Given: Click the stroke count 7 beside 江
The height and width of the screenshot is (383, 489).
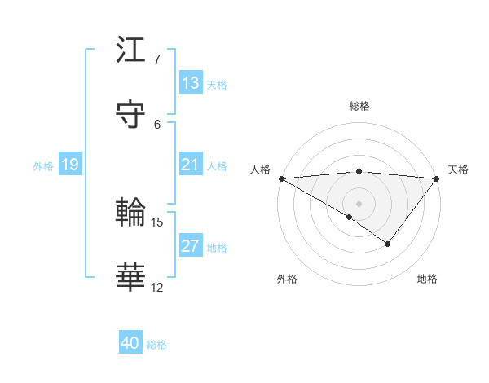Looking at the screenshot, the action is [157, 59].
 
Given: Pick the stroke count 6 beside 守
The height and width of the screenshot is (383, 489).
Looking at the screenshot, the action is [157, 124].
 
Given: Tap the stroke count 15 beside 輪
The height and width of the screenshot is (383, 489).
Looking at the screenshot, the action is [157, 222].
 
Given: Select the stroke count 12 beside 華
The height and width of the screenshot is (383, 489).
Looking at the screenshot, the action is [157, 287].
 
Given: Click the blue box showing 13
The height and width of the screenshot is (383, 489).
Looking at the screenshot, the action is [191, 83].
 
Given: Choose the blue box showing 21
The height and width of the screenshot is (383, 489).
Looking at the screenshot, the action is [191, 165].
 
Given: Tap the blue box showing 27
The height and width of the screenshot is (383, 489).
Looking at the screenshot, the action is [191, 246].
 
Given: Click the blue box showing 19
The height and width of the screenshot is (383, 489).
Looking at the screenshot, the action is [70, 165].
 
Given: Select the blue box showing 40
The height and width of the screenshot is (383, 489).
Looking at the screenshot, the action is [130, 344].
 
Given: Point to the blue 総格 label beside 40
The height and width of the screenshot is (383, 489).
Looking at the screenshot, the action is [156, 345].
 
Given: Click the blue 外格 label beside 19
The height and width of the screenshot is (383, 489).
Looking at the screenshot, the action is [43, 165].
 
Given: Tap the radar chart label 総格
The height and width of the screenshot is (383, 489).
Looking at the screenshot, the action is [359, 106].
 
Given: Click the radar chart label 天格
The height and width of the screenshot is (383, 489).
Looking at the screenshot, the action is [458, 169].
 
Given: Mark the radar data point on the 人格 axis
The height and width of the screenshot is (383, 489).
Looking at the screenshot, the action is [281, 178].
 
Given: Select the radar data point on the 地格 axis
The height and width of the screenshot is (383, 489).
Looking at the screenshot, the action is [388, 244].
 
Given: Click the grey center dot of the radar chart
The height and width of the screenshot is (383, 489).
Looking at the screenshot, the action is [359, 203].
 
